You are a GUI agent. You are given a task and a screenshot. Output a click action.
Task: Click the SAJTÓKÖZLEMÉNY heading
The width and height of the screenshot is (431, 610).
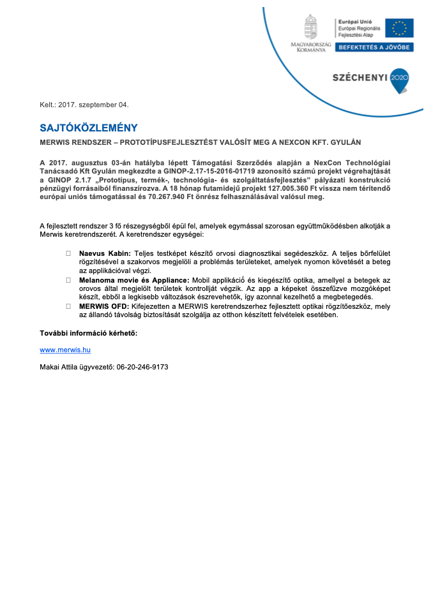(x=88, y=128)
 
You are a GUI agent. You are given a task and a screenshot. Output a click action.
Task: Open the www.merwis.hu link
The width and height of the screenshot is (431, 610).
(x=65, y=350)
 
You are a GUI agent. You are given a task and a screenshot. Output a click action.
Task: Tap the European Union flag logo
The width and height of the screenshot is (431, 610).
(x=399, y=28)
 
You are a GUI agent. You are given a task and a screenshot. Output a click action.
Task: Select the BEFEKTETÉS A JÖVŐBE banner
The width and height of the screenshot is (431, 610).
(x=375, y=47)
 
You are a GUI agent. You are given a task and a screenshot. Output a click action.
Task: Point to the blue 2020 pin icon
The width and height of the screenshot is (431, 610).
(x=399, y=79)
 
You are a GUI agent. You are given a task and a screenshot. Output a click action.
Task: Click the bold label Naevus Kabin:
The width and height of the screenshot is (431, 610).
(x=105, y=253)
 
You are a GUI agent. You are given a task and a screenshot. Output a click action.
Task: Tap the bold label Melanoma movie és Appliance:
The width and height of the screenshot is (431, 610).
(x=134, y=280)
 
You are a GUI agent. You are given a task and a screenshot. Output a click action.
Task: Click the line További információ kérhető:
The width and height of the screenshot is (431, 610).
(x=89, y=333)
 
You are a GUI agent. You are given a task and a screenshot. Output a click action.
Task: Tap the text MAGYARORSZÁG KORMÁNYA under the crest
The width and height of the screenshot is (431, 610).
(x=311, y=46)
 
